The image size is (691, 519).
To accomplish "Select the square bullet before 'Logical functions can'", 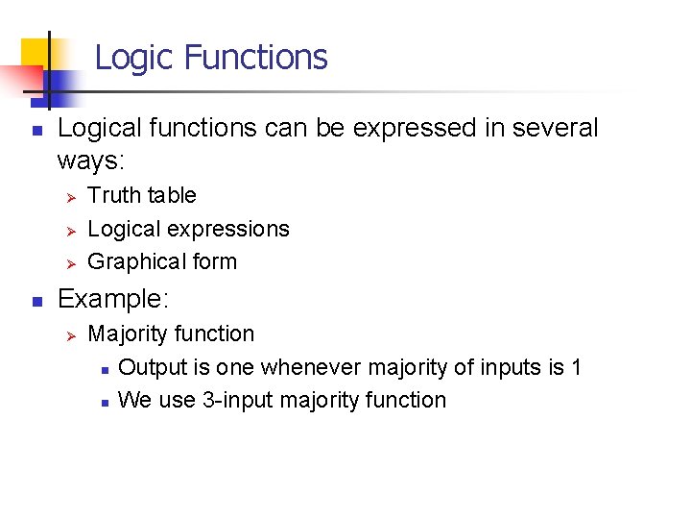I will click(35, 130).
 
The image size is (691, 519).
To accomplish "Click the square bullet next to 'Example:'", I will click(35, 301).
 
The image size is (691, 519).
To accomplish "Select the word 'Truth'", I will click(113, 196).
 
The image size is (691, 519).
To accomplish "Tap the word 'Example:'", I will click(113, 300).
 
